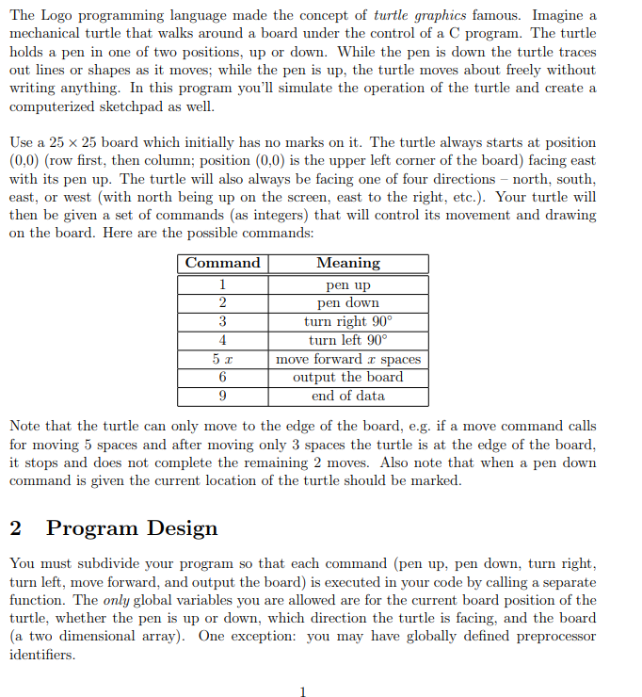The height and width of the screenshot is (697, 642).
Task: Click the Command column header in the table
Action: (x=222, y=263)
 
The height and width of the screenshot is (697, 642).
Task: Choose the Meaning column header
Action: (x=348, y=263)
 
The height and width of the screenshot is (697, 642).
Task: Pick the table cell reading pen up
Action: (x=348, y=284)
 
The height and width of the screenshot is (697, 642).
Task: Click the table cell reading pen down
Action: (x=348, y=302)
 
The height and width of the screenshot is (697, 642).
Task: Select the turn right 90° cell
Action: (x=348, y=321)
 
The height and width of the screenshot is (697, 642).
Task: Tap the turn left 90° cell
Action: (x=348, y=340)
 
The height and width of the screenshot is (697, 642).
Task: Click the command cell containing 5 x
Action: (x=222, y=359)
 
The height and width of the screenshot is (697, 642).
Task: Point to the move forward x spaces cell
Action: (x=348, y=359)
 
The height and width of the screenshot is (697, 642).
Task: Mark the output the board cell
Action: (x=348, y=377)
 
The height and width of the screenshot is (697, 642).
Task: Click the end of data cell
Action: (x=348, y=396)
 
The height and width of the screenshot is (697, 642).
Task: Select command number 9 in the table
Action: (x=222, y=396)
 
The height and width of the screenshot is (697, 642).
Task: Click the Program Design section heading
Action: (x=132, y=528)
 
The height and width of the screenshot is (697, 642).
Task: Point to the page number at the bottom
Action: (x=302, y=692)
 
